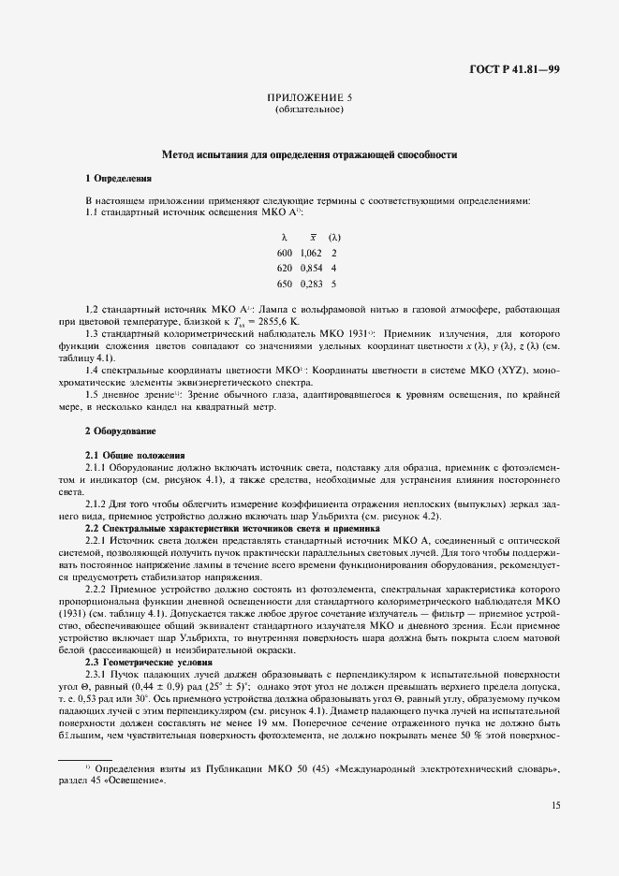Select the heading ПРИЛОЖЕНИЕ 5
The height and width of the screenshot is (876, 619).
click(x=309, y=97)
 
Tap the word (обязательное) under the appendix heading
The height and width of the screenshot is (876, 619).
click(x=309, y=110)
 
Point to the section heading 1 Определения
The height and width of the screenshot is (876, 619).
click(x=118, y=178)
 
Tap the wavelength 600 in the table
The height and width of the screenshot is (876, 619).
click(x=285, y=253)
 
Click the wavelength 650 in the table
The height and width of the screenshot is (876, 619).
click(x=285, y=283)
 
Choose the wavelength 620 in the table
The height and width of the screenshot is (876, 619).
click(x=285, y=268)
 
